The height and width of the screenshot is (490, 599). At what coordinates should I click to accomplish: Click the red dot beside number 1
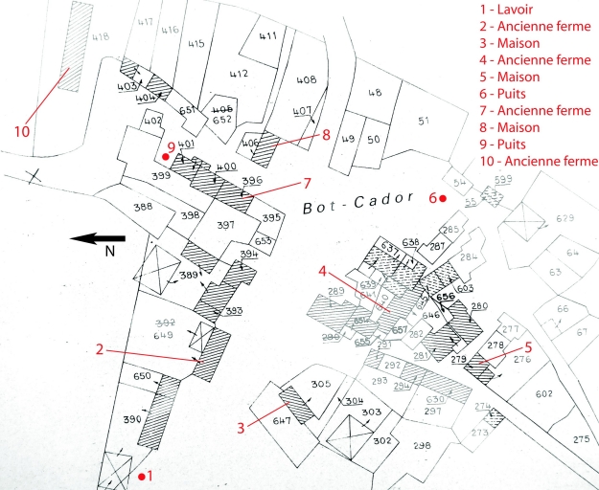[142, 476]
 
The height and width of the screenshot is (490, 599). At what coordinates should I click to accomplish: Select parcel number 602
[544, 394]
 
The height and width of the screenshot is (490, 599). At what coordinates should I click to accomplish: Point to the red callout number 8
[326, 135]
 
